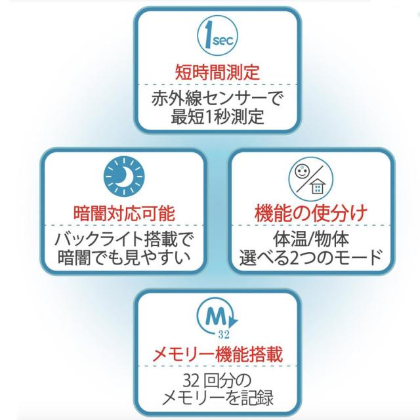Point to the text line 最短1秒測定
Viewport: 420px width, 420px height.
[x=217, y=118]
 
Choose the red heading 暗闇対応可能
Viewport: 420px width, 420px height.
[x=123, y=213]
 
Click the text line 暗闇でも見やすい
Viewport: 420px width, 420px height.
[x=124, y=257]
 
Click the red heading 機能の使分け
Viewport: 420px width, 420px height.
[x=310, y=213]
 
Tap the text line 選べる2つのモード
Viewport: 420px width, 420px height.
[x=310, y=257]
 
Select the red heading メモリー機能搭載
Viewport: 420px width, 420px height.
[x=217, y=355]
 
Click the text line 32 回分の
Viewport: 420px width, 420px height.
[x=217, y=381]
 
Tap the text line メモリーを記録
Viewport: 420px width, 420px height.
[x=217, y=398]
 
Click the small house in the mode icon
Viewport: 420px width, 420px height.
[x=318, y=188]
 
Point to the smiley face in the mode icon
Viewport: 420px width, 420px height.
[x=303, y=171]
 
